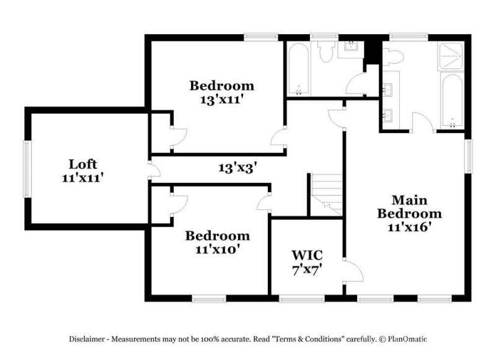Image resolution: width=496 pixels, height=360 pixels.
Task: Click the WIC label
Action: pyautogui.click(x=307, y=255)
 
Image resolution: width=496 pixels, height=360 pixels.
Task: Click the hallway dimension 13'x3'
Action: pyautogui.click(x=237, y=167)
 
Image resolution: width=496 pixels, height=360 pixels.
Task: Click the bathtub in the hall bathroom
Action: pyautogui.click(x=298, y=69)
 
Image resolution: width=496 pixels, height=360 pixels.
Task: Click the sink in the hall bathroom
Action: pyautogui.click(x=351, y=48)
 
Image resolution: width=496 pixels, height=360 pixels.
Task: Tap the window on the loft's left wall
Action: pyautogui.click(x=27, y=169)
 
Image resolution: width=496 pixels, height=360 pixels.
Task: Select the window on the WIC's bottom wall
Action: pyautogui.click(x=302, y=298)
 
